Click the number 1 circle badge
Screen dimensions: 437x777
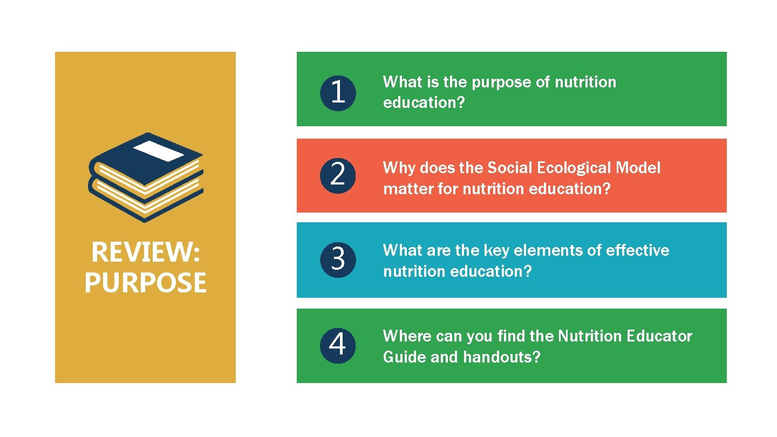pos(338,92)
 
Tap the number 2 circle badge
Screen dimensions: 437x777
pos(338,175)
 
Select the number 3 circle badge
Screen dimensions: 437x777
pos(338,259)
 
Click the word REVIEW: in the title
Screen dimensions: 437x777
pos(146,252)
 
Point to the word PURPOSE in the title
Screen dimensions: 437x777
pos(146,283)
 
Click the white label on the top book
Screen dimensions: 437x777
pos(159,151)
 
